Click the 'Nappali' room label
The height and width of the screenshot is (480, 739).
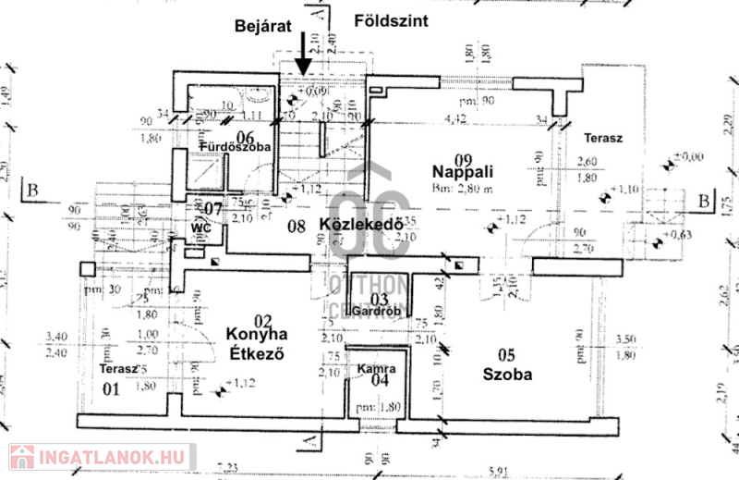[x=466, y=171]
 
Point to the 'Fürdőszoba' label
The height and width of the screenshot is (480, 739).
[x=234, y=147]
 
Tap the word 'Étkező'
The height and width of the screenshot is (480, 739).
[x=254, y=353]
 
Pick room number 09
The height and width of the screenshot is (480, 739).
[x=466, y=154]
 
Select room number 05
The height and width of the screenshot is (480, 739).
[x=505, y=356]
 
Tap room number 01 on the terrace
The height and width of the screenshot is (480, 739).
[x=111, y=388]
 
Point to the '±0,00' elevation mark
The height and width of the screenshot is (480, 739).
[x=689, y=157]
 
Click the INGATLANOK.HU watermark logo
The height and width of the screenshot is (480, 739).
[x=99, y=457]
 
